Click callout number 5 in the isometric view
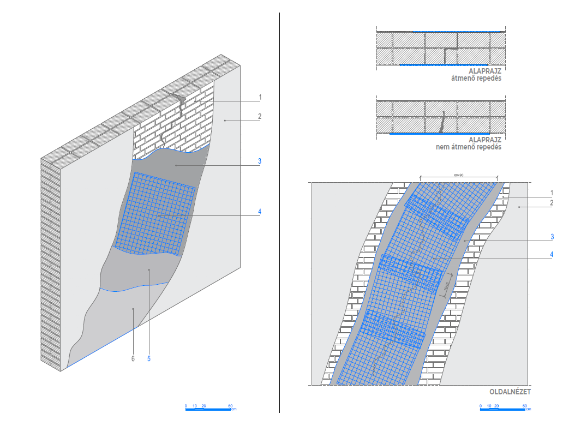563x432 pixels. coord(149,358)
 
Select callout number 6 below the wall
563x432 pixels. coord(132,358)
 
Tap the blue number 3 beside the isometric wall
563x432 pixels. coord(260,161)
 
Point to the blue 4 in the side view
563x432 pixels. coord(552,253)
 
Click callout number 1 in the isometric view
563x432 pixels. coord(260,98)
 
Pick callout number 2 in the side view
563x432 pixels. coord(552,203)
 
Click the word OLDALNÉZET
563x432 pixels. coord(510,392)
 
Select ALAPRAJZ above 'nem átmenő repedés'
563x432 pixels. coord(484,140)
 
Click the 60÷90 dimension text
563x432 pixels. coord(459,175)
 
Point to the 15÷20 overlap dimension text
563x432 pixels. coord(446,285)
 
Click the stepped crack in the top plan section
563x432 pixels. coord(448,55)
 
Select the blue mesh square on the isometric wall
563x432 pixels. coord(157,214)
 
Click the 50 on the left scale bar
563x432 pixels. coord(230,406)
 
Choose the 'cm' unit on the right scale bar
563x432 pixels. coord(529,409)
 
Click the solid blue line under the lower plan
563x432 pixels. coord(439,134)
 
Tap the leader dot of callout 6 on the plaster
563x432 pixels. coord(134,309)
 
